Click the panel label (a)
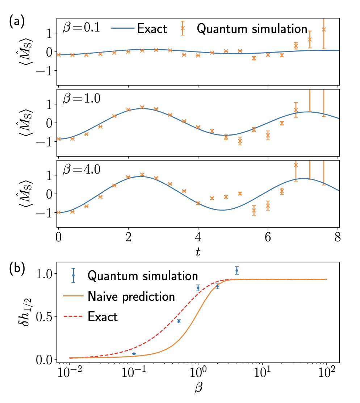coord(17,22)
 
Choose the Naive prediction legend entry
coord(119,296)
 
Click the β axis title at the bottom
coord(198,388)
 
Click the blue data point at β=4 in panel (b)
coord(237,270)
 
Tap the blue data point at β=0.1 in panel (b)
coord(134,354)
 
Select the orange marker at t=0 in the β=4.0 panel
coord(58,212)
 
